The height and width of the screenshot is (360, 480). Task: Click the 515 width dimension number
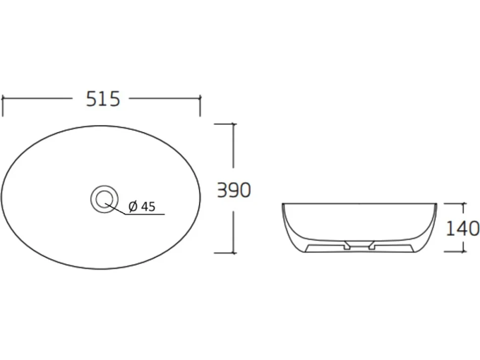pos(103,99)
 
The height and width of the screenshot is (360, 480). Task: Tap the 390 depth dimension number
pos(234,190)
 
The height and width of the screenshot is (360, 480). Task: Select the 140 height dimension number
pos(463,228)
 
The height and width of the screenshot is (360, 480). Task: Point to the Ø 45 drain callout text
pos(142,207)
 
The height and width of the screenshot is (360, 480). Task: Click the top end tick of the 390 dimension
pos(234,124)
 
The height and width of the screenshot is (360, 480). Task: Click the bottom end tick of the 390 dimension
pos(234,253)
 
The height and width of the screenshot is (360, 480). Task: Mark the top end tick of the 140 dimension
pos(463,203)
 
